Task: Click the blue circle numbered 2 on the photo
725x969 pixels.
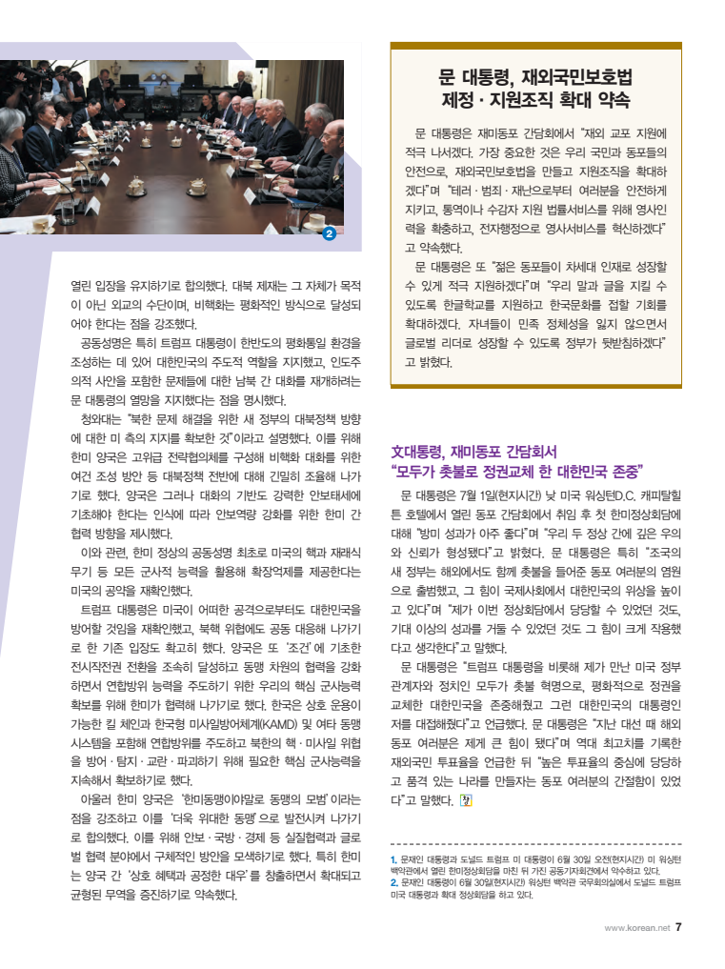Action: tap(330, 232)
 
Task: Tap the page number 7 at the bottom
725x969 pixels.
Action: tap(679, 926)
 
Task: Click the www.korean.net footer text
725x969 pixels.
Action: tap(637, 927)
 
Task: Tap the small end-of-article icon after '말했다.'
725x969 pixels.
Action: tap(466, 799)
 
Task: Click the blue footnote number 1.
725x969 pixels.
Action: tap(394, 859)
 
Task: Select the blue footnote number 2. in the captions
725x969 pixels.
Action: tap(395, 882)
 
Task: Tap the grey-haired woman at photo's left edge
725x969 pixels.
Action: tap(10, 143)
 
